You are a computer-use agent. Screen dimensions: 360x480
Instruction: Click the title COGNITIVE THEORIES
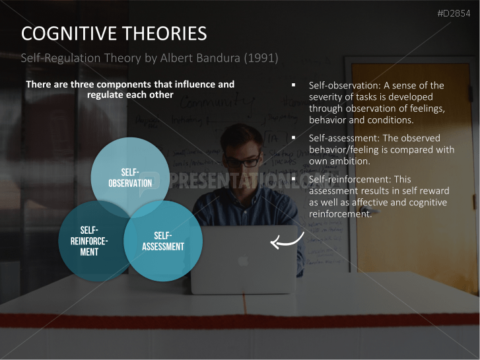tap(114, 34)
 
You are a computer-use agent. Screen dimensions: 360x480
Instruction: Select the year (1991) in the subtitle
tap(261, 58)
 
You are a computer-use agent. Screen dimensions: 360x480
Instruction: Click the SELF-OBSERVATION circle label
tap(130, 178)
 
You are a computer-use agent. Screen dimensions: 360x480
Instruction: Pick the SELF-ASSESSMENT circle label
tap(163, 242)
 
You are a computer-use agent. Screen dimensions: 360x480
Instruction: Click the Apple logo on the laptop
tap(243, 261)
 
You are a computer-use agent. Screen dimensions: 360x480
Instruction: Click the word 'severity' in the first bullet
tap(327, 98)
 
